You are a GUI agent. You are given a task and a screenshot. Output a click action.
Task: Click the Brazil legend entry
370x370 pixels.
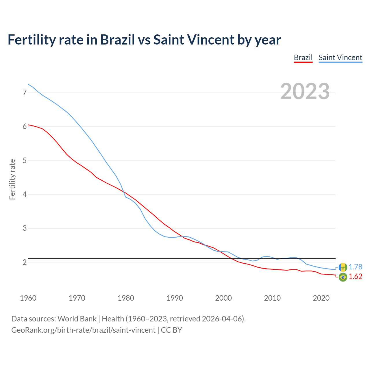303,58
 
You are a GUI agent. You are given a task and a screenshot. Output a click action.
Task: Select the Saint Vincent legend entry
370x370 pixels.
340,58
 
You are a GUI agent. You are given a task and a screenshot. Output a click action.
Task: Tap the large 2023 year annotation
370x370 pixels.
305,91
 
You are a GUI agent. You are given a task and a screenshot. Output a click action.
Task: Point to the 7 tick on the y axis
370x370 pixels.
25,92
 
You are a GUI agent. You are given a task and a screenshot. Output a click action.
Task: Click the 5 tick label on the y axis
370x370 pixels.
25,160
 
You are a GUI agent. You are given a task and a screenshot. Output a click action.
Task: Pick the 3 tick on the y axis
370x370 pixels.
25,228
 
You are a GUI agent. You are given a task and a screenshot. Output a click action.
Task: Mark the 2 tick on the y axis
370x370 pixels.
25,262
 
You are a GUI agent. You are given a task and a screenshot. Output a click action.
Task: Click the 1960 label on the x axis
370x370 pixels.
28,298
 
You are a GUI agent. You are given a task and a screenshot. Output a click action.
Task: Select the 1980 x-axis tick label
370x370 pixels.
126,298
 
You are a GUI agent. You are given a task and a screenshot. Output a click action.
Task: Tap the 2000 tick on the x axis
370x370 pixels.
223,298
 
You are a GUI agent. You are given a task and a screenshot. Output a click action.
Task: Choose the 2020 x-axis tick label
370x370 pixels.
321,298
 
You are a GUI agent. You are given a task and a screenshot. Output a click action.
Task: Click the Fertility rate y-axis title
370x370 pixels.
12,179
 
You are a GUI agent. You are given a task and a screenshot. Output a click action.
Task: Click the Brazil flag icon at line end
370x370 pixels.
343,277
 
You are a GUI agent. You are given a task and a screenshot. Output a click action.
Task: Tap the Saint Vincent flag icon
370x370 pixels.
343,267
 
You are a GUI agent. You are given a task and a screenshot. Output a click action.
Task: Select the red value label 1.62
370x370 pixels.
355,277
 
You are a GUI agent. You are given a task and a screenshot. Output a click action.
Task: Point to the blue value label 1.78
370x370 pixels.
355,267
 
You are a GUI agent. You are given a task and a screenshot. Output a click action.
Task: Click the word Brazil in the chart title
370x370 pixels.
117,40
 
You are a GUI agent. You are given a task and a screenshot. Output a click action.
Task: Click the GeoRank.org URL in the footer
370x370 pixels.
83,330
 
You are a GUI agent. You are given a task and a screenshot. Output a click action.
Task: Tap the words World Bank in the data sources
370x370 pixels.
77,319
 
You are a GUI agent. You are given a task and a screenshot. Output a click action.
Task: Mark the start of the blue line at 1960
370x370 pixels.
28,84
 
